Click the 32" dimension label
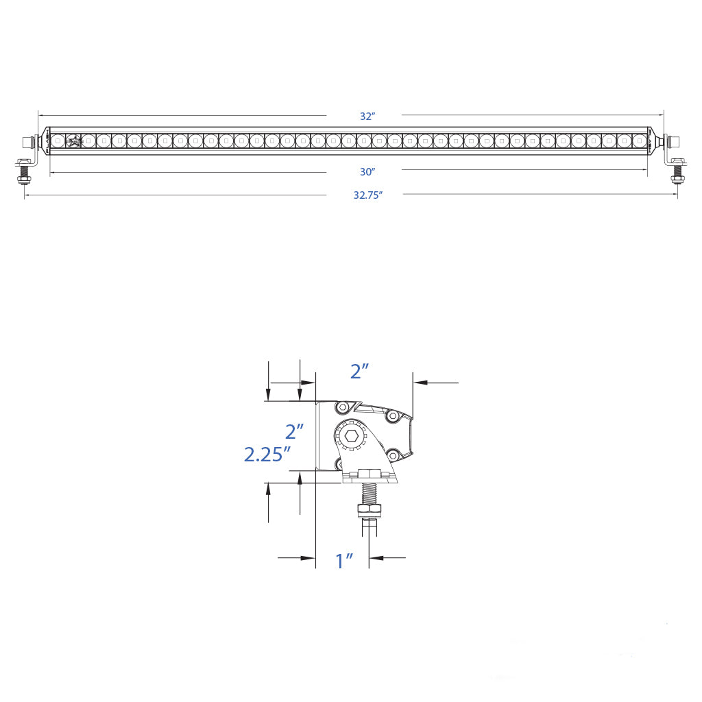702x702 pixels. [367, 116]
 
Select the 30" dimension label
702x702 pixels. [367, 172]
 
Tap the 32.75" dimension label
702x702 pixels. [368, 195]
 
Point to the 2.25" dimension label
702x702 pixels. [267, 455]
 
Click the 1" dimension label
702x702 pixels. [344, 560]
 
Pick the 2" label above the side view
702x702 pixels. [359, 371]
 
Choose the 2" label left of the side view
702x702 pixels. [295, 432]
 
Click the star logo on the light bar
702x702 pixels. [73, 141]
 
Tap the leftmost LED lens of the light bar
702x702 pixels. [58, 141]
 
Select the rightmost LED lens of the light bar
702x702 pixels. [639, 141]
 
